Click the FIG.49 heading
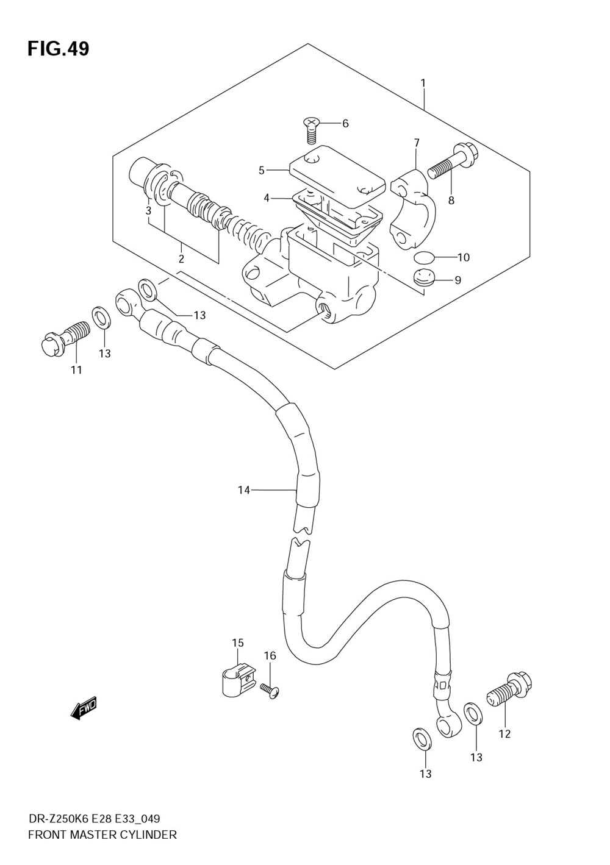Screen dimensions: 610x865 pyautogui.click(x=59, y=49)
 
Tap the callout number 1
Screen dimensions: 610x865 pyautogui.click(x=423, y=83)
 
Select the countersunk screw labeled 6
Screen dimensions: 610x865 pyautogui.click(x=310, y=130)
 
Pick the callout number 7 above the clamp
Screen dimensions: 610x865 pyautogui.click(x=417, y=143)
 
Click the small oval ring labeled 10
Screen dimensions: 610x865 pyautogui.click(x=424, y=257)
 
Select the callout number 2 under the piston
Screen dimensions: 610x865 pyautogui.click(x=181, y=258)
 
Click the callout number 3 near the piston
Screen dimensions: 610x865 pyautogui.click(x=148, y=212)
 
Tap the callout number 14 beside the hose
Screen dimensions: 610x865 pyautogui.click(x=244, y=491)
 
